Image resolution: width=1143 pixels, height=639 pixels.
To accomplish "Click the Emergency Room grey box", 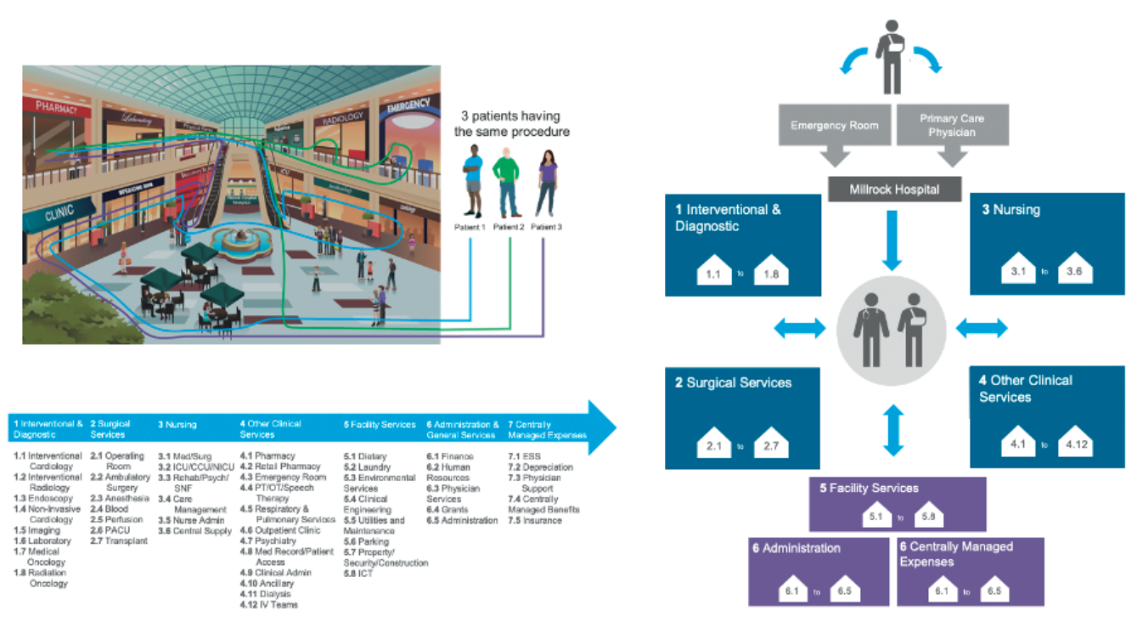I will [x=835, y=125].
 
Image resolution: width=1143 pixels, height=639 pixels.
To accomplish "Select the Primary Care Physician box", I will [x=952, y=125].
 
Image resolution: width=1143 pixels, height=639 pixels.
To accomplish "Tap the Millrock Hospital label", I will [x=894, y=189].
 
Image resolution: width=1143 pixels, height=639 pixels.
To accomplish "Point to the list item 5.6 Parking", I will [x=366, y=541].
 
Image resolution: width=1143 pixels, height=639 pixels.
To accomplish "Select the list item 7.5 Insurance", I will [x=535, y=520].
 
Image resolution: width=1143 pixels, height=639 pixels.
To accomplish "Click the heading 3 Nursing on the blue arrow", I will [x=177, y=424].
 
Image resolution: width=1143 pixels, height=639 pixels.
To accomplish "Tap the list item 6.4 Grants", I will [x=448, y=510].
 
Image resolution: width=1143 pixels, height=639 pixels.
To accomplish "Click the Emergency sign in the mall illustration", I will [x=408, y=108].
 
